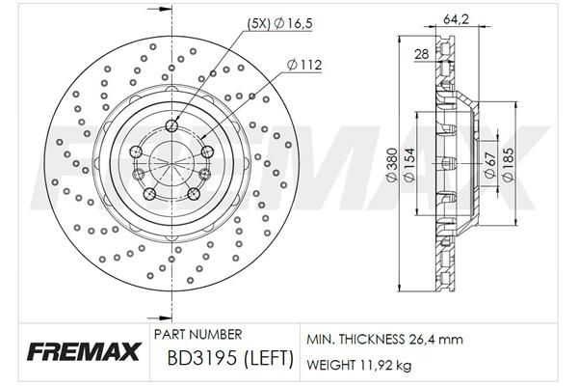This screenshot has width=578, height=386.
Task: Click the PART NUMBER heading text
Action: [x=198, y=334]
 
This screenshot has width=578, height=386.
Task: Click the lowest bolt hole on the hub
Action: [x=150, y=195]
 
